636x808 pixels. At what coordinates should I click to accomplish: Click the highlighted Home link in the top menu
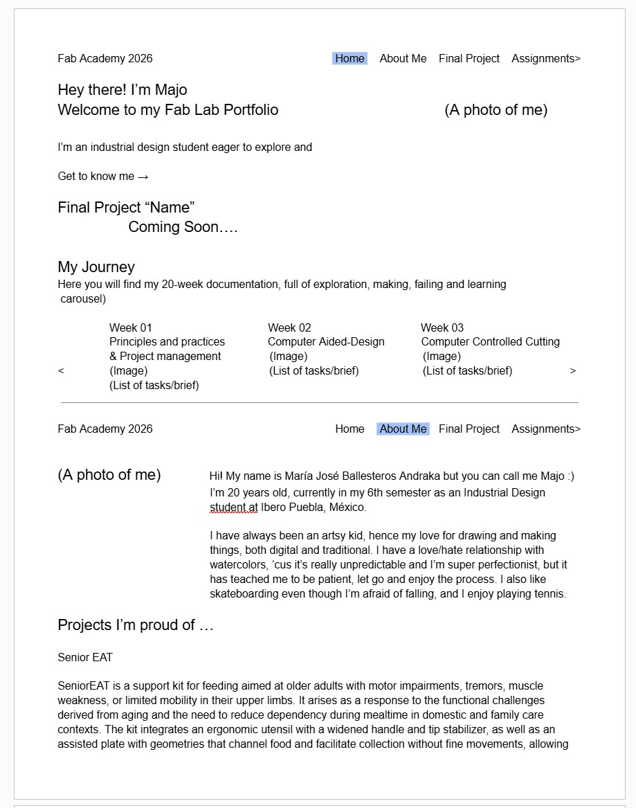tap(349, 59)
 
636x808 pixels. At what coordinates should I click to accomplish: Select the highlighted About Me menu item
tap(403, 429)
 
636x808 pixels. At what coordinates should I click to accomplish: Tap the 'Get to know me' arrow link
tap(103, 177)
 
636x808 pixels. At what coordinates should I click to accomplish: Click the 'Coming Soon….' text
tap(183, 227)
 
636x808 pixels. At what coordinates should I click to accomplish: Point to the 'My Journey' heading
tap(96, 267)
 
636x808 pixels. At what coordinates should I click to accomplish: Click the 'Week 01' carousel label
tap(131, 327)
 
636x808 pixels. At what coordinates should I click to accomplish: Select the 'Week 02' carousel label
tap(289, 327)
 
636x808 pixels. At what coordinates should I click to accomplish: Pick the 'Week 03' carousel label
tap(442, 327)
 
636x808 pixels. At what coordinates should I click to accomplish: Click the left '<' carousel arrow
tap(61, 371)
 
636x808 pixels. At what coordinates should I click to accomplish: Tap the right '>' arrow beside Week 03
tap(573, 371)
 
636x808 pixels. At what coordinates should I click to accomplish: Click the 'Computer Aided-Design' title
tap(326, 342)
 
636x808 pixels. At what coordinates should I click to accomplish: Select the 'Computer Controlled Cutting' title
tap(490, 342)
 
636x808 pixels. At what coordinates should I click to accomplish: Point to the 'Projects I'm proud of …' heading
tap(136, 625)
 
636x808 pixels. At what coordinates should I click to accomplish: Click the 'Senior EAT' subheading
tap(85, 658)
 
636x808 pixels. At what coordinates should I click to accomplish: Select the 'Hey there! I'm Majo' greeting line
tap(122, 90)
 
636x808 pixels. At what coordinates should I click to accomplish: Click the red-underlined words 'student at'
tap(234, 508)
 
